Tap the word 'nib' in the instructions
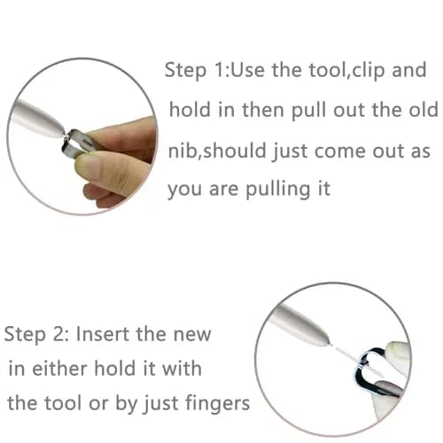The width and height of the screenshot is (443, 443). [180, 150]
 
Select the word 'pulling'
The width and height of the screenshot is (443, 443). [277, 190]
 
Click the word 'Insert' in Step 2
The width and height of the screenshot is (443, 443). [103, 334]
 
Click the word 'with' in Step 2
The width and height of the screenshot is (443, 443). [183, 369]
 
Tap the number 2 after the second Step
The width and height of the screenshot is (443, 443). [62, 334]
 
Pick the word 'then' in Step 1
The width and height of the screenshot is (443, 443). [263, 109]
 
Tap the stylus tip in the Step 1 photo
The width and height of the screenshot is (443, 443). [64, 135]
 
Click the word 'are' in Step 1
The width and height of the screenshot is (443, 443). [223, 190]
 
